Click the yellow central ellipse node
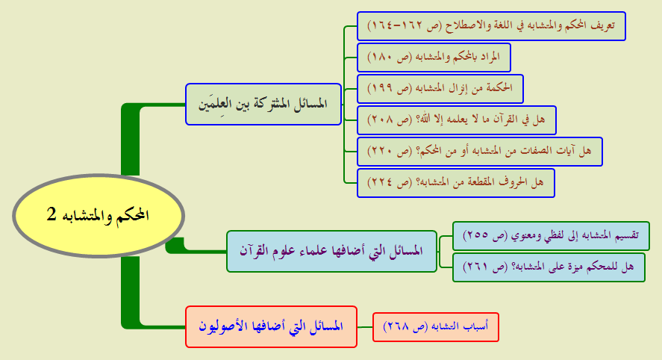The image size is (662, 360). click(x=99, y=216)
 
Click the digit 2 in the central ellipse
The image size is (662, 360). click(x=51, y=214)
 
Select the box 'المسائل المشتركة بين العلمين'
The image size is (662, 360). click(x=263, y=104)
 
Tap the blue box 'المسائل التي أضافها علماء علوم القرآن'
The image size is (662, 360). click(x=331, y=251)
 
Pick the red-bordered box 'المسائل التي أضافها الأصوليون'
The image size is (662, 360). click(x=271, y=326)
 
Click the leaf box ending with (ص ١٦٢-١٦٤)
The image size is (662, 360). click(x=491, y=26)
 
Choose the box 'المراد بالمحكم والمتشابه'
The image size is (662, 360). click(x=434, y=58)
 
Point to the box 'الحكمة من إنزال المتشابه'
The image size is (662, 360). click(x=440, y=89)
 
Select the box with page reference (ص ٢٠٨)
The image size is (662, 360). click(x=457, y=120)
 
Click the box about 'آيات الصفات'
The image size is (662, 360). click(x=480, y=152)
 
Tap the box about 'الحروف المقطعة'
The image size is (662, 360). click(x=456, y=183)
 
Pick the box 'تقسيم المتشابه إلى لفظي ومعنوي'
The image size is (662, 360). click(x=551, y=236)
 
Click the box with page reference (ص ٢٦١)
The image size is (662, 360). click(x=549, y=267)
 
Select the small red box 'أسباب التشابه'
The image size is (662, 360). click(x=436, y=327)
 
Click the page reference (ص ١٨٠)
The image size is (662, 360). click(x=390, y=58)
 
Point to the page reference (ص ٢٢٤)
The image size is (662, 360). click(x=390, y=183)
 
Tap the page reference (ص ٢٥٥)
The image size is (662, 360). click(x=486, y=236)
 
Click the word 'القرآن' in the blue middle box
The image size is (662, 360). click(x=255, y=250)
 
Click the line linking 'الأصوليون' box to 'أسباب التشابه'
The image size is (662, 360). click(x=365, y=327)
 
